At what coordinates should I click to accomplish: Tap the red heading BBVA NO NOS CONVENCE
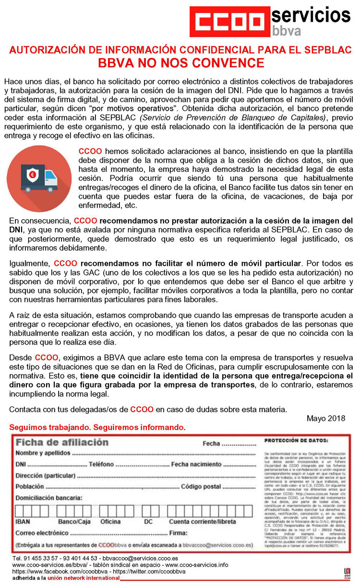(180, 63)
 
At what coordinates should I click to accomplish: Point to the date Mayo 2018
(325, 418)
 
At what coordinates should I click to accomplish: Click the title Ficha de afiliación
(62, 442)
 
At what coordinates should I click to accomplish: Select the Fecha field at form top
(211, 444)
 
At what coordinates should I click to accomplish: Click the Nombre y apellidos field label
(43, 453)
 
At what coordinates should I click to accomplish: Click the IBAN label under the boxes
(23, 522)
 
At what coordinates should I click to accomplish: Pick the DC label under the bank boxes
(148, 522)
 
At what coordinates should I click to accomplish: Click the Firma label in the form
(178, 533)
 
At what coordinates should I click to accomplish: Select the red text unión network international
(84, 578)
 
